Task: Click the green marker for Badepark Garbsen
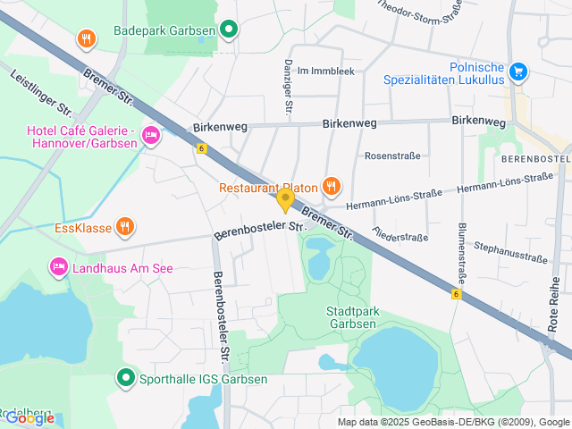(229, 29)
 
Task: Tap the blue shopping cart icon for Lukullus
(517, 71)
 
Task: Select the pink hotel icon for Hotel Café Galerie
(151, 136)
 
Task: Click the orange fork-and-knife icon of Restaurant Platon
(331, 186)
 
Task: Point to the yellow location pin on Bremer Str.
(285, 199)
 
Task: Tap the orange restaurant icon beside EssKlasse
(125, 227)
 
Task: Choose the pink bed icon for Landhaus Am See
(59, 266)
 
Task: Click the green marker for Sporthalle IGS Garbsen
(125, 379)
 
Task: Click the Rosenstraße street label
(392, 156)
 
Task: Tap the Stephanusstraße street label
(510, 251)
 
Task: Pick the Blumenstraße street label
(463, 252)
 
